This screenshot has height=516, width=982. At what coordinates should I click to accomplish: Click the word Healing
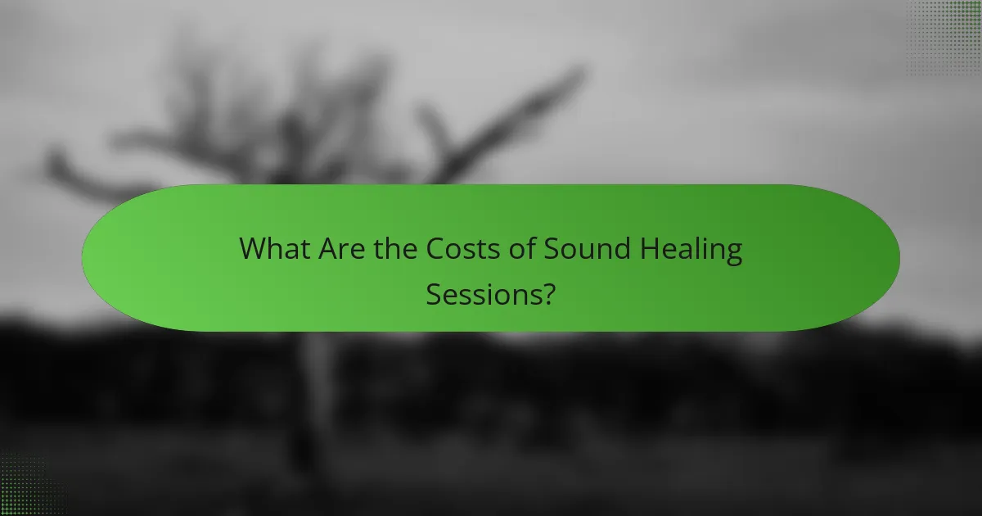tap(695, 250)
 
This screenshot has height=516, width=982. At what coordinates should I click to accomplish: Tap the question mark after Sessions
tap(548, 292)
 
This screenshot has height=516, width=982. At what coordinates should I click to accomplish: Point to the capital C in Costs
tap(435, 248)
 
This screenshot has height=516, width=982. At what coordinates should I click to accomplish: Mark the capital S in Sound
tap(558, 248)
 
